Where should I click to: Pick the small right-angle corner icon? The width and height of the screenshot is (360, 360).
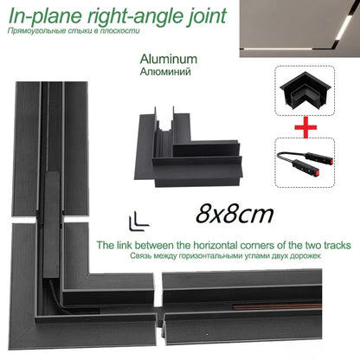pos(135,220)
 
